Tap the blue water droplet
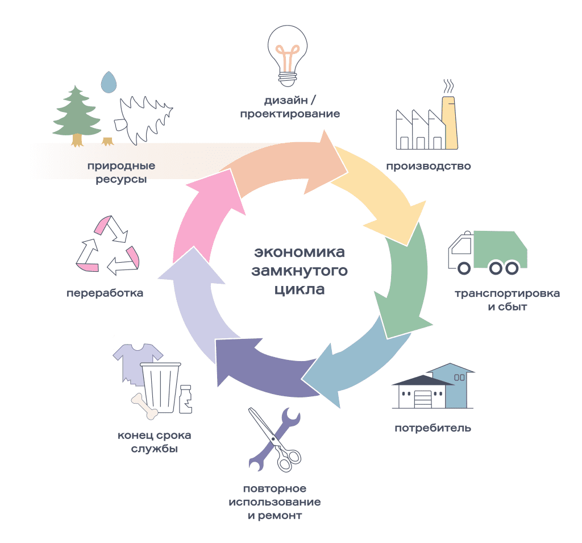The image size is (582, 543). tap(108, 83)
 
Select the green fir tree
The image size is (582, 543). tap(76, 114)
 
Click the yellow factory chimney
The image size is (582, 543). tap(451, 122)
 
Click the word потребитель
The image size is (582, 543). tap(433, 428)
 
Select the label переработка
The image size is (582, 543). tap(105, 293)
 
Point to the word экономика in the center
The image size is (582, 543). tap(300, 252)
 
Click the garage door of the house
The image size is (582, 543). tap(422, 398)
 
